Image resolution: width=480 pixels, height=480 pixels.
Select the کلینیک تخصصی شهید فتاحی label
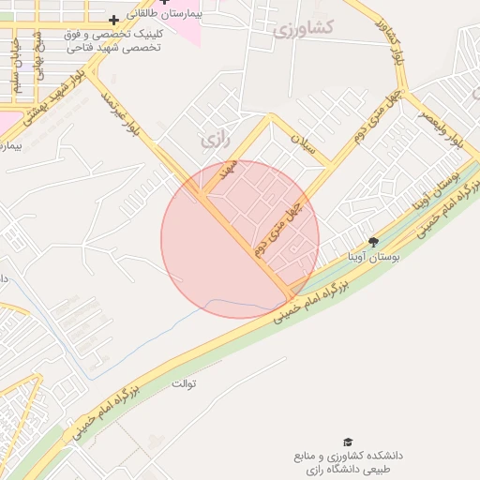[x=112, y=40]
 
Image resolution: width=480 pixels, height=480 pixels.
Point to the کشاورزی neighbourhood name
[x=303, y=29]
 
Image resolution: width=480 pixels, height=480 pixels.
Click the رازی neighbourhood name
[x=215, y=140]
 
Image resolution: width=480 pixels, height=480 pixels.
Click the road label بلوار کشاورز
[x=386, y=42]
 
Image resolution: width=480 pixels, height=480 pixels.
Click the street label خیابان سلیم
[x=16, y=74]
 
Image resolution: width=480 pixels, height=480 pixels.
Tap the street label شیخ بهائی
[x=39, y=56]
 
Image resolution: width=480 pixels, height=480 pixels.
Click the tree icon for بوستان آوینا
[x=373, y=243]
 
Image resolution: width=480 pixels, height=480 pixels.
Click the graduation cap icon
[x=348, y=442]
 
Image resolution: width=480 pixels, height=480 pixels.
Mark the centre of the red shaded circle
[x=240, y=239]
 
